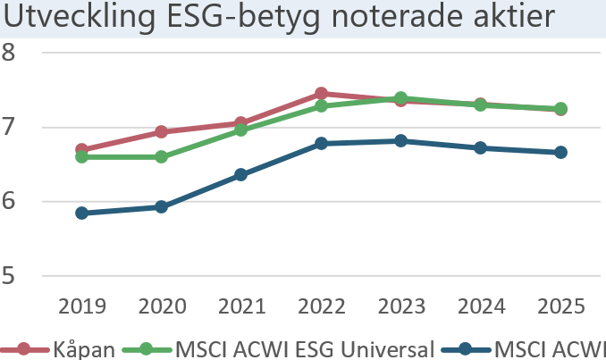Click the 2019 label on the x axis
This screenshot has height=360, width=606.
click(x=82, y=306)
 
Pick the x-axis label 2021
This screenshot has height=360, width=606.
click(x=241, y=306)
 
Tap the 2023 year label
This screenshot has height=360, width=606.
click(x=400, y=306)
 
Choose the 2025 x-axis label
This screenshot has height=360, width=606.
click(x=560, y=306)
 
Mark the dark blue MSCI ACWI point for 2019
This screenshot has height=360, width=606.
click(x=82, y=213)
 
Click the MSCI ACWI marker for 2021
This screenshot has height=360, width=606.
click(x=241, y=175)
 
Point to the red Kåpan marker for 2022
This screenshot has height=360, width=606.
click(x=321, y=93)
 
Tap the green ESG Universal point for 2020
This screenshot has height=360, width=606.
click(x=162, y=157)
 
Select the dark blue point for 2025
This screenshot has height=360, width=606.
click(x=560, y=152)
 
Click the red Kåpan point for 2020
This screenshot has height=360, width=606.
click(x=162, y=131)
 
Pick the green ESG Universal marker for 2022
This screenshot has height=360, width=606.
click(x=321, y=105)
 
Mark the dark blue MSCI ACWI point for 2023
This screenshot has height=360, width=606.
click(x=400, y=140)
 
